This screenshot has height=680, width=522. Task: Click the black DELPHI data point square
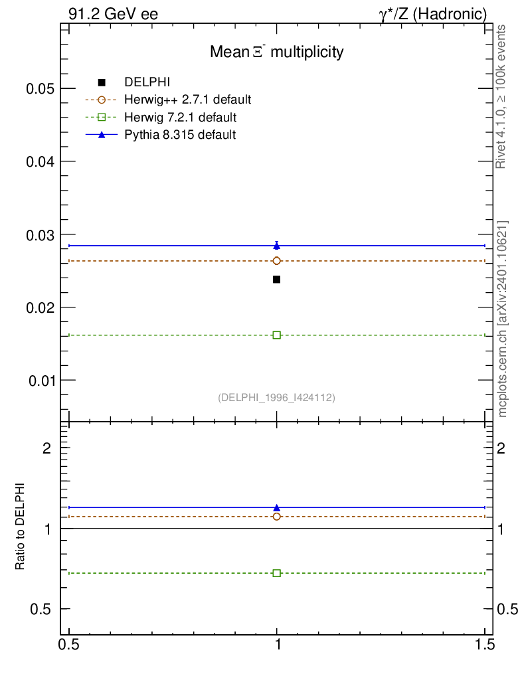(276, 280)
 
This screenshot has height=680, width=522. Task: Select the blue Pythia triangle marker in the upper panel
(276, 246)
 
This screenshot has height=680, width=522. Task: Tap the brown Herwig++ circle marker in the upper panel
(276, 261)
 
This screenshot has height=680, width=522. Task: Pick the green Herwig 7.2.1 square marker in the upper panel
(276, 335)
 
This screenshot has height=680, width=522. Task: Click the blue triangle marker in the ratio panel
(276, 508)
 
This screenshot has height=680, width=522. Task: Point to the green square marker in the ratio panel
(276, 573)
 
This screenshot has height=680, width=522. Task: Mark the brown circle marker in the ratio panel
(276, 517)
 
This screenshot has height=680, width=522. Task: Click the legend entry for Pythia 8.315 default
(180, 135)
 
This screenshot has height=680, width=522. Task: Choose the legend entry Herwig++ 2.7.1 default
(187, 100)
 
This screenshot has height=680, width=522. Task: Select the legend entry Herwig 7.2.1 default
(180, 118)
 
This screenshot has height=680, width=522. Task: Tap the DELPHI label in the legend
(147, 82)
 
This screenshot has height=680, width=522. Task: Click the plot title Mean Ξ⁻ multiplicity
(276, 52)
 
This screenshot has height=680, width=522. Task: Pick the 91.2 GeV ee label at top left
(113, 13)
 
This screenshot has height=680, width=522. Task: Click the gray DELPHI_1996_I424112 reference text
(276, 398)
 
